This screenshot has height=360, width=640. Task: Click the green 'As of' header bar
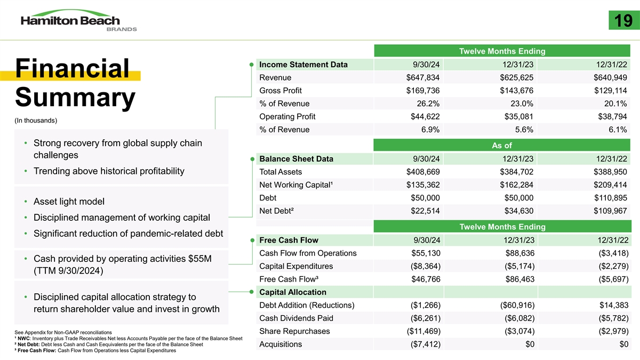(501, 146)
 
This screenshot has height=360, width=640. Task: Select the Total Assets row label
(280, 172)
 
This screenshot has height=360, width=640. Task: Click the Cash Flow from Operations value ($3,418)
(609, 253)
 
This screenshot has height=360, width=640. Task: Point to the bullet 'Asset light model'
(69, 202)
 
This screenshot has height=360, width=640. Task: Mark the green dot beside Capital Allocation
(251, 292)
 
